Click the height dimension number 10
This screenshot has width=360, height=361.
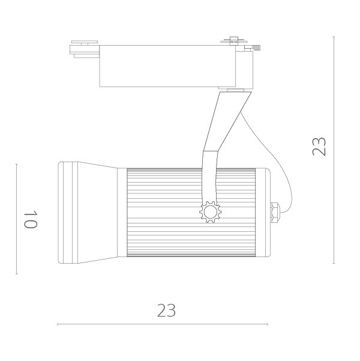click(31, 219)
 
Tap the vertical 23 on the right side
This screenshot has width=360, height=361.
click(319, 147)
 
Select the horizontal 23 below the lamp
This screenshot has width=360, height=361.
click(166, 311)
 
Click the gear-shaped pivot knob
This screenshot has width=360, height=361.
click(210, 212)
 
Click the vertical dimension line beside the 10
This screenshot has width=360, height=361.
click(17, 219)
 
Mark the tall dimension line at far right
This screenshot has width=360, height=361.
click(334, 150)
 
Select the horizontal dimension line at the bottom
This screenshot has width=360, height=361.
click(162, 324)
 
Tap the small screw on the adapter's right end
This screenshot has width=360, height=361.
click(256, 47)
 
